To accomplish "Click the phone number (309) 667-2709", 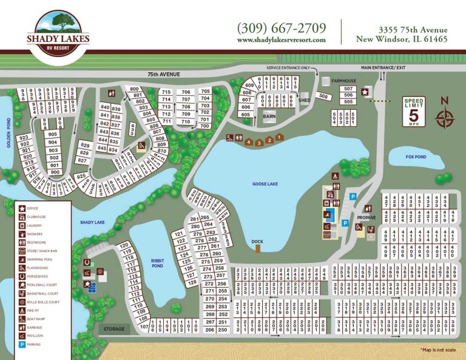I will pos(282,28).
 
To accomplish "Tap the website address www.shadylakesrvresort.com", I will pos(282,40).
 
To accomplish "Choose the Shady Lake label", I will pos(92,222).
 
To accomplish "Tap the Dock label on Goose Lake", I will pos(258,241).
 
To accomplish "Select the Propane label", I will pos(366,217).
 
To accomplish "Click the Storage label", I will pos(113,329).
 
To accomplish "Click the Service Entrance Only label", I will pos(288,67).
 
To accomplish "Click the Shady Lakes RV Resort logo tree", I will pos(59,24).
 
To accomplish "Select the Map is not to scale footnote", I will pos(437,350).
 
